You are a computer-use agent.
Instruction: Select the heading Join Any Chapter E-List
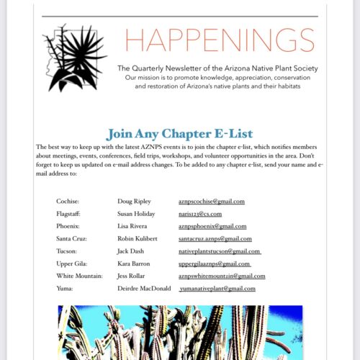pos(179,133)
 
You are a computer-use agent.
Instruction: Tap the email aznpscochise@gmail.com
pos(212,202)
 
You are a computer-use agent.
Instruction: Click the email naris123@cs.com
pos(200,214)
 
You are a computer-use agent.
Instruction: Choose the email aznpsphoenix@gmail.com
pos(212,226)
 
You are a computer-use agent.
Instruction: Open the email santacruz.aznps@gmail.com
pos(215,238)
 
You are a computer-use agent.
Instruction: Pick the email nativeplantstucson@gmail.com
pos(219,251)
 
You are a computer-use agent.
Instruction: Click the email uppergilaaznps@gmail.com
pos(214,264)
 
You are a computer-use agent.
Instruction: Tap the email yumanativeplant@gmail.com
pos(218,288)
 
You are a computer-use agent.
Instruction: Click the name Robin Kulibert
pos(139,238)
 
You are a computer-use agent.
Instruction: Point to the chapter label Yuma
pos(65,288)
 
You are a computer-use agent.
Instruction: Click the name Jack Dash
pos(132,251)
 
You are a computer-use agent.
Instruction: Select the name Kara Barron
pos(135,264)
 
